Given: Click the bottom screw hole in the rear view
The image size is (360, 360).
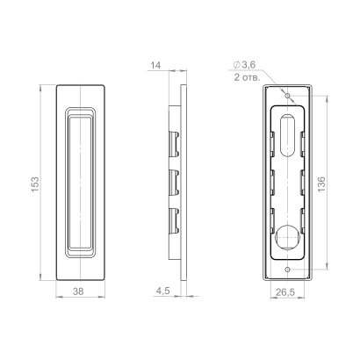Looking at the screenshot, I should click(x=289, y=269).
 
